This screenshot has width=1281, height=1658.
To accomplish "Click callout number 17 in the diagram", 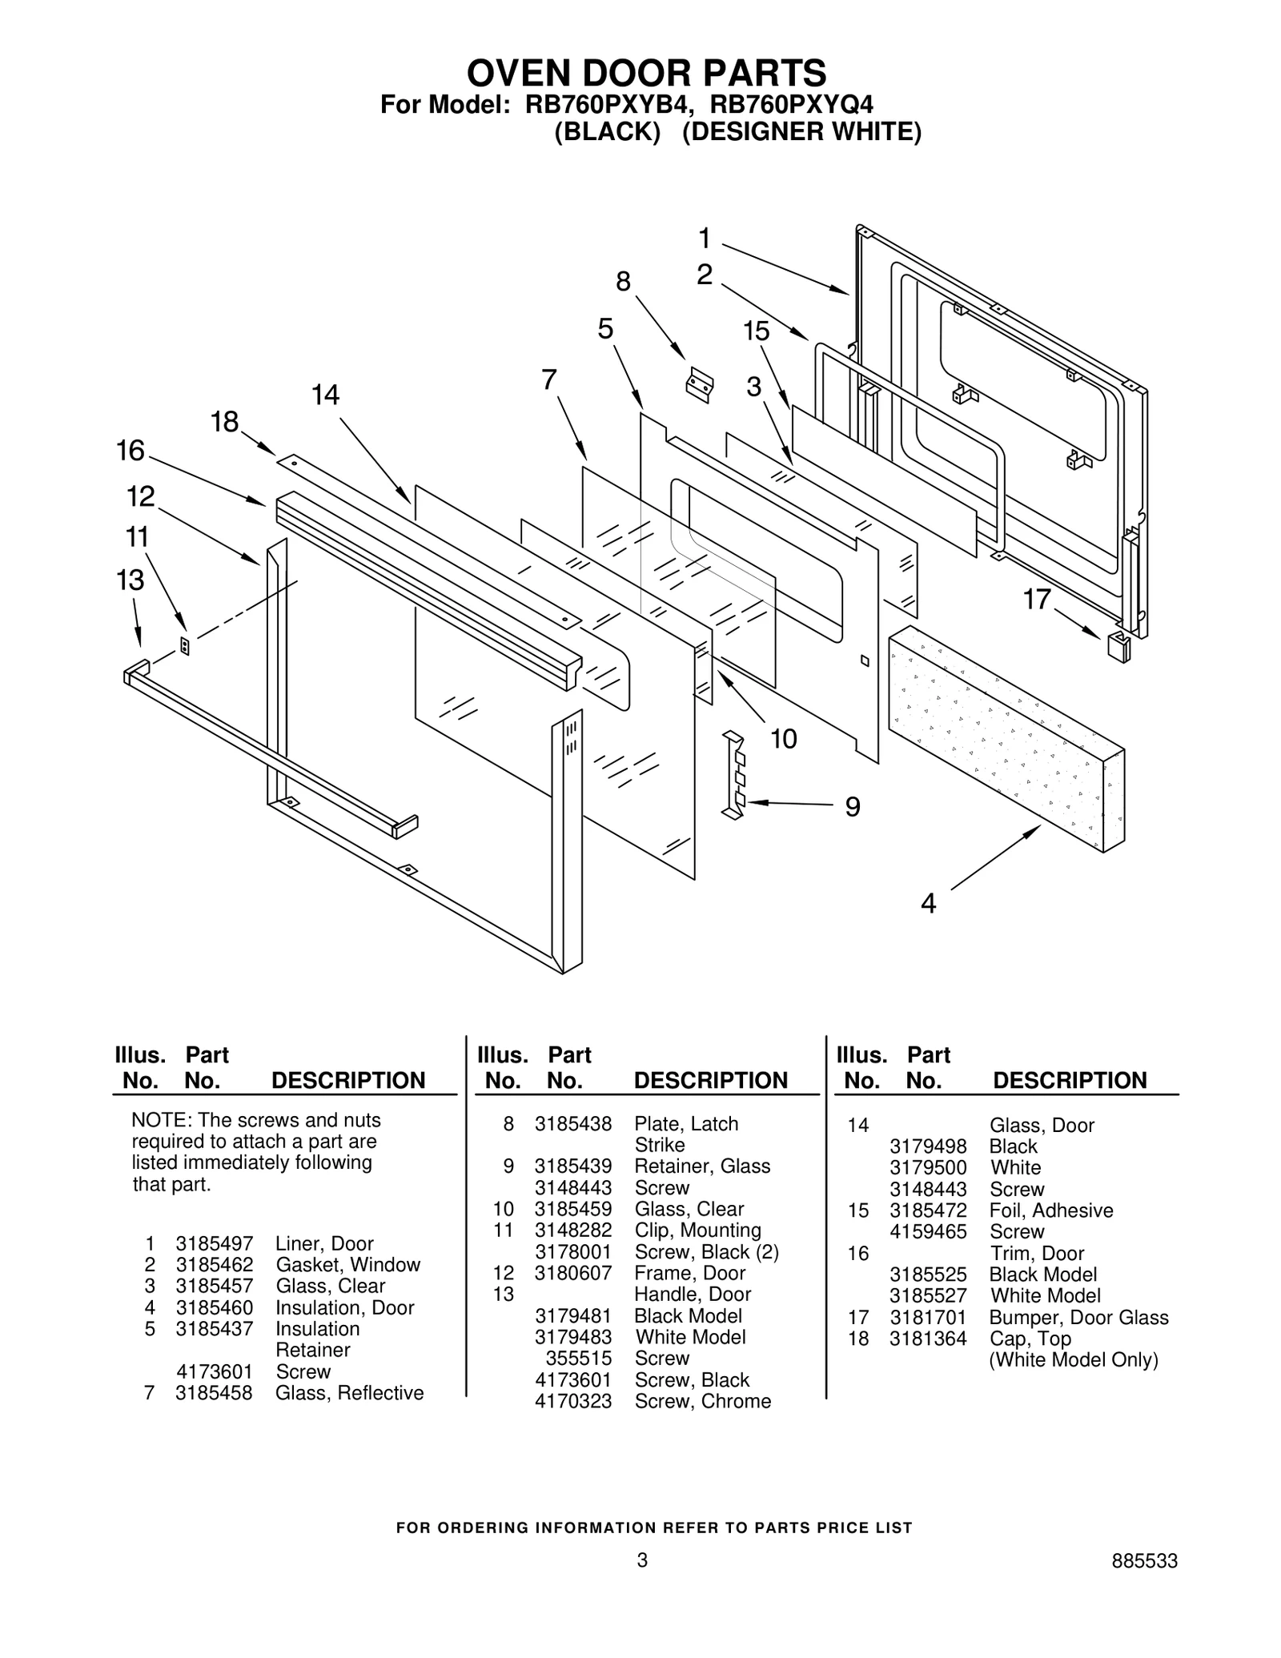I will pyautogui.click(x=1037, y=599).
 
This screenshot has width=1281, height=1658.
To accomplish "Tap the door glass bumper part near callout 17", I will pyautogui.click(x=1118, y=645).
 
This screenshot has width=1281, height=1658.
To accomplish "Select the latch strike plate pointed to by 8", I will pyautogui.click(x=699, y=384).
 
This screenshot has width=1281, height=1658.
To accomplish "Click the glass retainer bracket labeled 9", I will pyautogui.click(x=735, y=775).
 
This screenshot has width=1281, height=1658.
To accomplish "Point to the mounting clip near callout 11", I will pyautogui.click(x=185, y=646).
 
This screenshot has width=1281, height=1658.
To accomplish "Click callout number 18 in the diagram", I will pyautogui.click(x=225, y=421).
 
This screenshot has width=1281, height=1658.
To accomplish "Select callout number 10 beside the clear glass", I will pyautogui.click(x=784, y=738).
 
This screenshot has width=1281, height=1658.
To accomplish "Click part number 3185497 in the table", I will pyautogui.click(x=214, y=1243).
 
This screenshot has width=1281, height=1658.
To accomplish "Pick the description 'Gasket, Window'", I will pyautogui.click(x=347, y=1265).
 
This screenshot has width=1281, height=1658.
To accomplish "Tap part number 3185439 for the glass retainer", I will pyautogui.click(x=572, y=1166).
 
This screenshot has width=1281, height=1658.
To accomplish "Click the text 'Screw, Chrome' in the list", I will pyautogui.click(x=702, y=1401).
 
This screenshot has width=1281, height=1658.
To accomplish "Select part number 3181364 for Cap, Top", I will pyautogui.click(x=927, y=1339).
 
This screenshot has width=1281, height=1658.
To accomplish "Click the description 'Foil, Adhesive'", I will pyautogui.click(x=1050, y=1210).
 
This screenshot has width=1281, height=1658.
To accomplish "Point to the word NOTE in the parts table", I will pyautogui.click(x=160, y=1120).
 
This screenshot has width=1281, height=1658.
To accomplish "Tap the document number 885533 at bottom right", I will pyautogui.click(x=1144, y=1560).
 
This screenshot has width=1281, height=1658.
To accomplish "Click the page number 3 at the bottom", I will pyautogui.click(x=641, y=1560).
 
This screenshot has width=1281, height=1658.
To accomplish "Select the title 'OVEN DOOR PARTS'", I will pyautogui.click(x=646, y=73).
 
